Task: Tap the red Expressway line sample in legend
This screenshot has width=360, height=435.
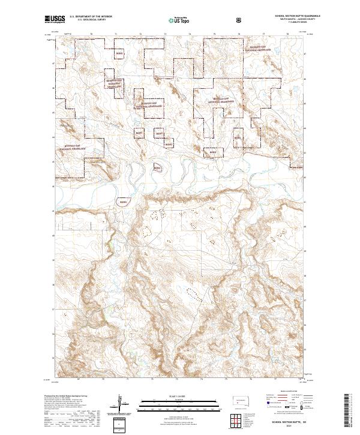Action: [x=271, y=397]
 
